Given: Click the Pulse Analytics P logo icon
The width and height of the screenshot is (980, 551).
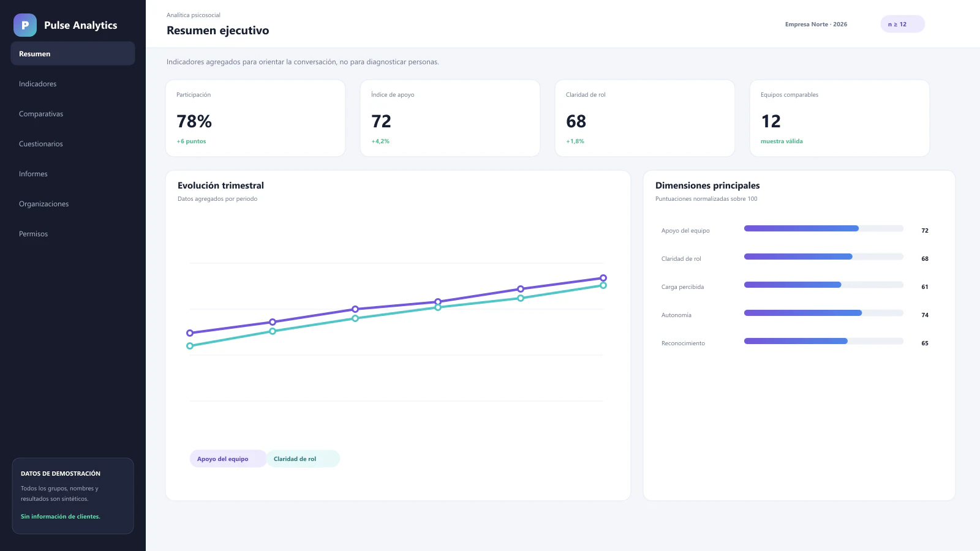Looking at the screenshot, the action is pyautogui.click(x=25, y=25).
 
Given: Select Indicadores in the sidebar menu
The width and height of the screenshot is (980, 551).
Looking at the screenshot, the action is pyautogui.click(x=37, y=83).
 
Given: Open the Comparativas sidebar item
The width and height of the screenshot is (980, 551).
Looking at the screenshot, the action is pyautogui.click(x=40, y=114).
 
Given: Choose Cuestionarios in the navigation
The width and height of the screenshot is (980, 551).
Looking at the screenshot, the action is pyautogui.click(x=40, y=144).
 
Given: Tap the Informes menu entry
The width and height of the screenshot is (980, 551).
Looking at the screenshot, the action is pyautogui.click(x=33, y=174).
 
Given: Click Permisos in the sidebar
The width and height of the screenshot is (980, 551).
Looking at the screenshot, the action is pyautogui.click(x=33, y=233).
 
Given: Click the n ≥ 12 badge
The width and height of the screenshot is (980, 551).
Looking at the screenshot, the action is pyautogui.click(x=902, y=24).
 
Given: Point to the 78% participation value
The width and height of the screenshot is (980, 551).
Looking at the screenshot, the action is pyautogui.click(x=194, y=121).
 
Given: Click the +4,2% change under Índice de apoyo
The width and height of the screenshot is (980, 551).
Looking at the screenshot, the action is pyautogui.click(x=380, y=141).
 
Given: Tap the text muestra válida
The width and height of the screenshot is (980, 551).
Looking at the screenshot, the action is pyautogui.click(x=782, y=141).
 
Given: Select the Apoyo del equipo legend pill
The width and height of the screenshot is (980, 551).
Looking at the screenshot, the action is pyautogui.click(x=228, y=459).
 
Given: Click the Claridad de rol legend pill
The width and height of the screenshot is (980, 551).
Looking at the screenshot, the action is pyautogui.click(x=303, y=459).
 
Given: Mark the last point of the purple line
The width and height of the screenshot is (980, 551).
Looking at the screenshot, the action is pyautogui.click(x=603, y=278).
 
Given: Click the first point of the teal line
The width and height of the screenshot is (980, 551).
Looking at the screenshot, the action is pyautogui.click(x=189, y=346).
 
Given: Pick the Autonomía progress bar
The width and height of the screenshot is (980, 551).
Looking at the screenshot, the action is pyautogui.click(x=823, y=313).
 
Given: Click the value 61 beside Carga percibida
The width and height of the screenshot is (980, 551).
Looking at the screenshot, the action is pyautogui.click(x=924, y=287).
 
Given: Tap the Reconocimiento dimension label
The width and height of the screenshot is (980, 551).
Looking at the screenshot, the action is pyautogui.click(x=683, y=343).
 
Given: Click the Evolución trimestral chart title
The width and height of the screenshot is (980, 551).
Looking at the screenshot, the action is pyautogui.click(x=221, y=186).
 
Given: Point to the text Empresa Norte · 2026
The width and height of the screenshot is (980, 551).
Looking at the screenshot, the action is pyautogui.click(x=816, y=24).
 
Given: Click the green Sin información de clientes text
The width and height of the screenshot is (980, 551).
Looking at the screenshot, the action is pyautogui.click(x=61, y=517).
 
